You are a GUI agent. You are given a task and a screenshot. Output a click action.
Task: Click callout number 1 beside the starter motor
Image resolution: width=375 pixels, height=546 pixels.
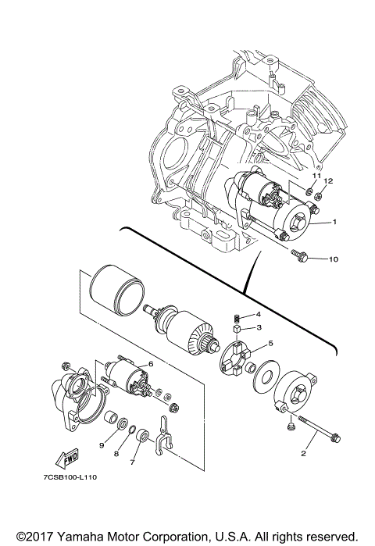click(334, 223)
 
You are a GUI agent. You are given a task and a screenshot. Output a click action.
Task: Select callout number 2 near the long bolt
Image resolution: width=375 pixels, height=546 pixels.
click(303, 452)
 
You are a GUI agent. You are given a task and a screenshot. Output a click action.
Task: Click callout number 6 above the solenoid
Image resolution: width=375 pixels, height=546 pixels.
click(150, 364)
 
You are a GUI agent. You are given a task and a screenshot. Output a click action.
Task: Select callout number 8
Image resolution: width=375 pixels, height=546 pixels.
click(116, 453)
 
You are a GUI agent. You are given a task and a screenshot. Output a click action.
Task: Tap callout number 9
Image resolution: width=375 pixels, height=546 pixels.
click(101, 444)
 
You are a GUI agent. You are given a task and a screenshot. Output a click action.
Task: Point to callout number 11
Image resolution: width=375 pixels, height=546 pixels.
click(316, 177)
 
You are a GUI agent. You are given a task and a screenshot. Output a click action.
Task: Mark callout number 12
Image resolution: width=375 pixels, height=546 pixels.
click(329, 181)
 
